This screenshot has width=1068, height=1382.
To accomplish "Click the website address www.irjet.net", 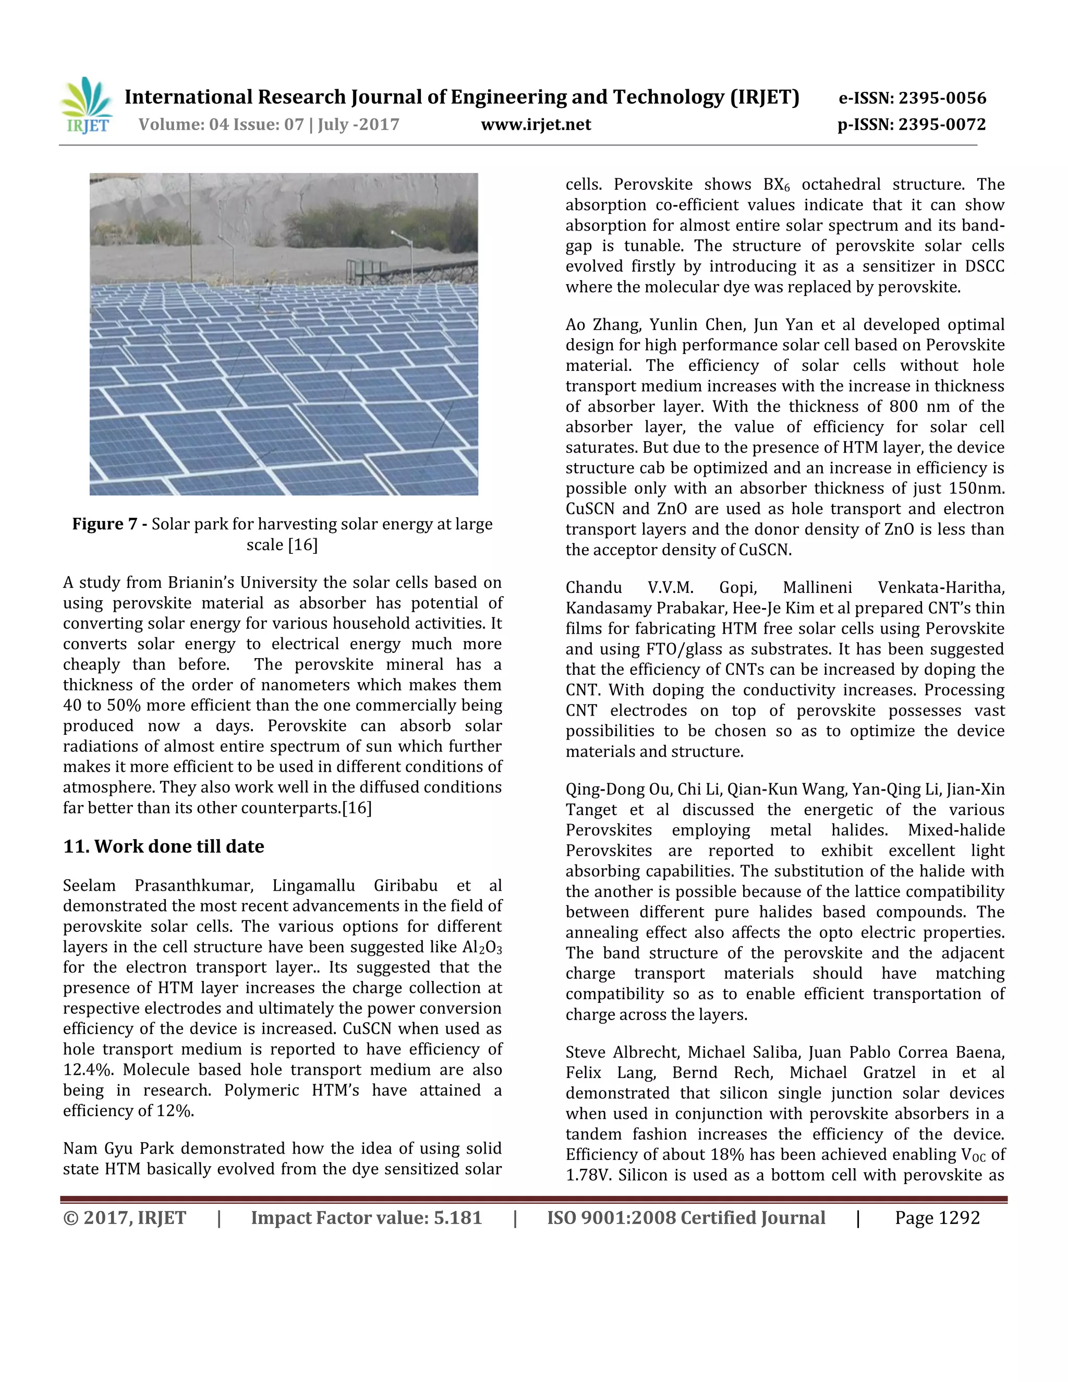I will click(x=536, y=125).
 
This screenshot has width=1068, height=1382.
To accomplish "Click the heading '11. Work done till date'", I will click(x=163, y=846).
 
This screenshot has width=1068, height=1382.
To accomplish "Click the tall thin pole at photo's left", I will click(x=190, y=228).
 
